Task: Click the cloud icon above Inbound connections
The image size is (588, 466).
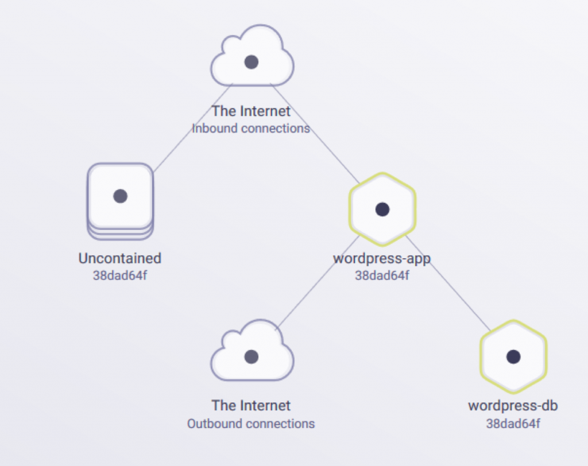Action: click(x=252, y=57)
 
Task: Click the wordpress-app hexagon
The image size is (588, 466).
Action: click(x=382, y=209)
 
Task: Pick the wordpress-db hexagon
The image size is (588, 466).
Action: click(x=513, y=357)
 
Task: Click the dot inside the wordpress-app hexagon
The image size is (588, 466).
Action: click(x=382, y=209)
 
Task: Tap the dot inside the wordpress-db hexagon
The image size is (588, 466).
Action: click(x=513, y=357)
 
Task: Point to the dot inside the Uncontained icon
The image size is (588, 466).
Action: click(x=120, y=196)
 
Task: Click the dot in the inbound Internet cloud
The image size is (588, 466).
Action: click(x=252, y=62)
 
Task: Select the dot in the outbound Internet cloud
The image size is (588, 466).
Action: click(x=252, y=357)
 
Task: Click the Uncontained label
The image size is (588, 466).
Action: click(x=120, y=258)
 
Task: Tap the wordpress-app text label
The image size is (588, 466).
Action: click(x=382, y=258)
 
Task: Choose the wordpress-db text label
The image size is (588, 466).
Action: click(x=513, y=406)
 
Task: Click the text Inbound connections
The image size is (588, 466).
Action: click(x=251, y=128)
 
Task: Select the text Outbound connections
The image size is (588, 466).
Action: click(x=251, y=424)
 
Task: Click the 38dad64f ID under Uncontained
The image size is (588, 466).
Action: click(x=120, y=275)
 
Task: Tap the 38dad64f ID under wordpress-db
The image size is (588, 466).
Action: click(x=513, y=424)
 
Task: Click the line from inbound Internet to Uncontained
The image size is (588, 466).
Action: click(x=192, y=128)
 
